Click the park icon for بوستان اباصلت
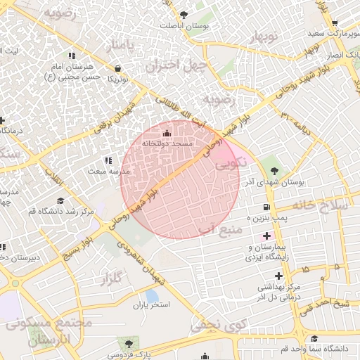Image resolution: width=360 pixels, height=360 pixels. click(184, 14)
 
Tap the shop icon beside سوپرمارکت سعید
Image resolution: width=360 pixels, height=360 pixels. click(335, 22)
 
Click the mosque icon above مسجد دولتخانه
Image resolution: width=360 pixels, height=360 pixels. click(167, 134)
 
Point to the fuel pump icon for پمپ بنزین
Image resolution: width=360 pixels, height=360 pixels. click(266, 207)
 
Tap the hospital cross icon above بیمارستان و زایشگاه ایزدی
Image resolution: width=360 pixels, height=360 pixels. click(266, 235)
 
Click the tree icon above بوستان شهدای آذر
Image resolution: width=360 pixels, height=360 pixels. click(274, 171)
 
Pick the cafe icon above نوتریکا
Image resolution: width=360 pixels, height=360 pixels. click(117, 68)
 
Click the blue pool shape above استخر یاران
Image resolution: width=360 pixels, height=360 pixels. click(151, 295)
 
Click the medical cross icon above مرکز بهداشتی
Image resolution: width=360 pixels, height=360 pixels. click(278, 275)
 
